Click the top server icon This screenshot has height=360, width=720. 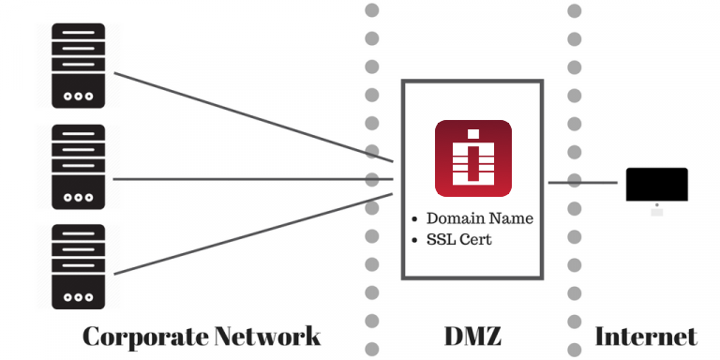79,66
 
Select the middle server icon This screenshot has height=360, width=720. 79,167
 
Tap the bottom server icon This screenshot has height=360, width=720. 79,267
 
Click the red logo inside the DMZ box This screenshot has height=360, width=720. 472,157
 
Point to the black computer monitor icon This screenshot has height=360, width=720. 656,185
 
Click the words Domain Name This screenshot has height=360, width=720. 479,218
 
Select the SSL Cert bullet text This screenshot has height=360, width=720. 458,239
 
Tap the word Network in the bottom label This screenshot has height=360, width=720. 267,337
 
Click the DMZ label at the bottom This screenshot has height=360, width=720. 472,337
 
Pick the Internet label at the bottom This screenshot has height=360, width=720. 646,337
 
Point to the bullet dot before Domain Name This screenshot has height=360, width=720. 414,219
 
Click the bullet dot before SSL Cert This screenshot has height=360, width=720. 414,240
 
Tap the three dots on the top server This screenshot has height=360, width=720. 79,96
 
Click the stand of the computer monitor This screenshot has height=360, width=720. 656,209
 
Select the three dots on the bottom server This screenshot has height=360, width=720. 79,297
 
